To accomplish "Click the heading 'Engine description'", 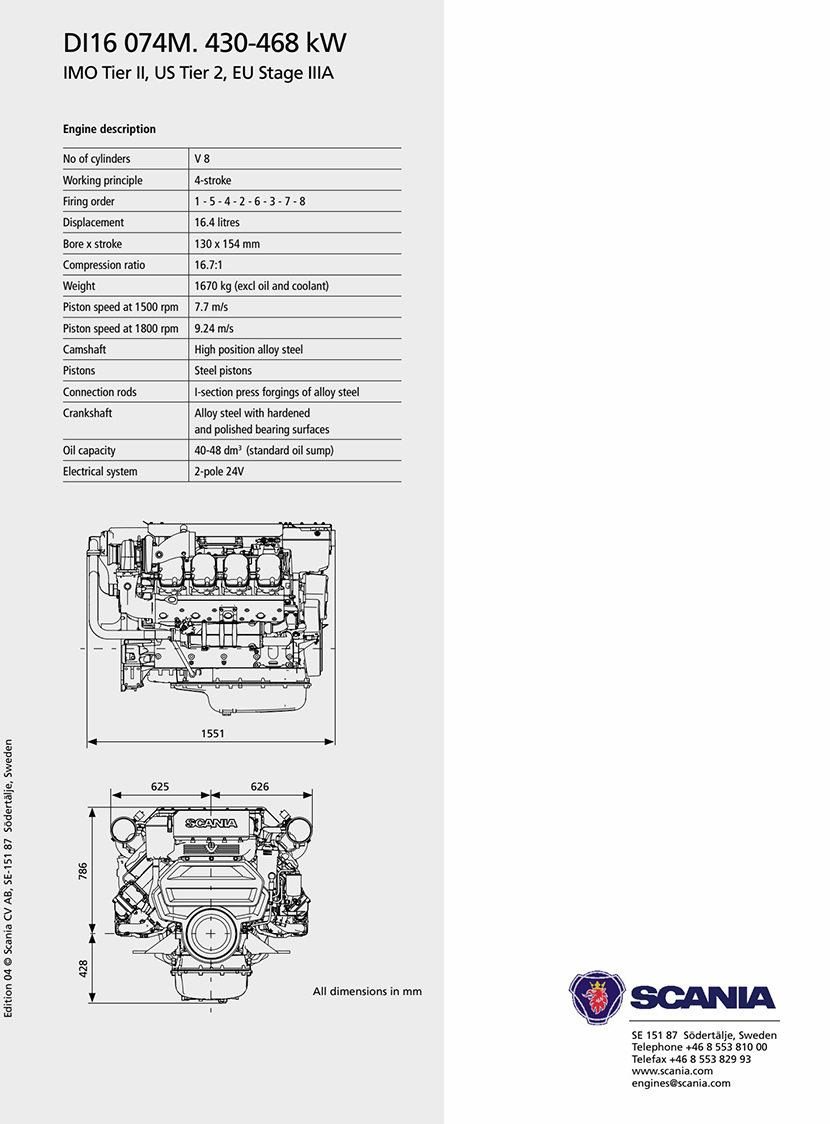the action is (109, 129).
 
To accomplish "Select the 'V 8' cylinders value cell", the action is (201, 158).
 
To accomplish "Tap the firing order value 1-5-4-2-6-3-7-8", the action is (249, 201).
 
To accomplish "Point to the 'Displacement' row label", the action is (93, 222).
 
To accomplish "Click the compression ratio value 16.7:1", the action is (209, 265).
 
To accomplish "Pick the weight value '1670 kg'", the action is (213, 285).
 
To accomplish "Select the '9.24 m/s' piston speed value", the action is (214, 328).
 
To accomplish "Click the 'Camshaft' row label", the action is (84, 349).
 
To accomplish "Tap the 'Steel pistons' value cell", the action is (223, 371).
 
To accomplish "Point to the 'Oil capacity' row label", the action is (89, 450).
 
